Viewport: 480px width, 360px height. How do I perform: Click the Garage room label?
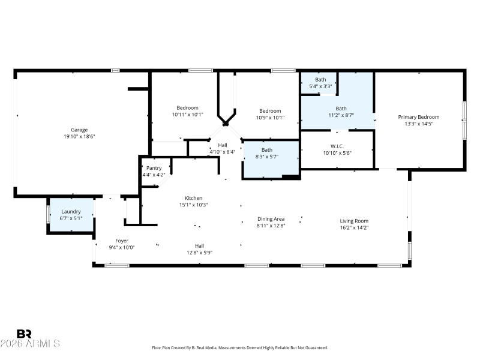80,130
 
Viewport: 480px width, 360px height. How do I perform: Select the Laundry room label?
71,211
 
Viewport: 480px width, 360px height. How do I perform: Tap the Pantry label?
154,168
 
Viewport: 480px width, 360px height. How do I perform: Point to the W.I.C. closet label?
337,146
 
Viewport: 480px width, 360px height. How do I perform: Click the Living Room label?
354,221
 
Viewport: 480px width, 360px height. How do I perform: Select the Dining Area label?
271,219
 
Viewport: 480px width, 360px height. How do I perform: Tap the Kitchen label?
194,198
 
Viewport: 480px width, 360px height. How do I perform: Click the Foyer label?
122,241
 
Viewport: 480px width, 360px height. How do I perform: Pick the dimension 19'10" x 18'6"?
80,136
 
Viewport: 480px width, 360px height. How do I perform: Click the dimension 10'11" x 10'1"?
187,115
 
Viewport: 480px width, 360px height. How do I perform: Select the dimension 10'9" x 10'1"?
270,118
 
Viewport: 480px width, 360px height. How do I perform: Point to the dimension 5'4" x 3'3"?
320,86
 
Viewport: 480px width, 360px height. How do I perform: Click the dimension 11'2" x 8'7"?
341,115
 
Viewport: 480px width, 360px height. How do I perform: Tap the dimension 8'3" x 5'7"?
267,157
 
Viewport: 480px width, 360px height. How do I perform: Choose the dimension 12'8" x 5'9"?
199,252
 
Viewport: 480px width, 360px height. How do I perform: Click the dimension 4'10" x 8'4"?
223,152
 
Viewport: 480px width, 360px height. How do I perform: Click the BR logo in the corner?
25,334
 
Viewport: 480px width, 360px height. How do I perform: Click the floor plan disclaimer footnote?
239,348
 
